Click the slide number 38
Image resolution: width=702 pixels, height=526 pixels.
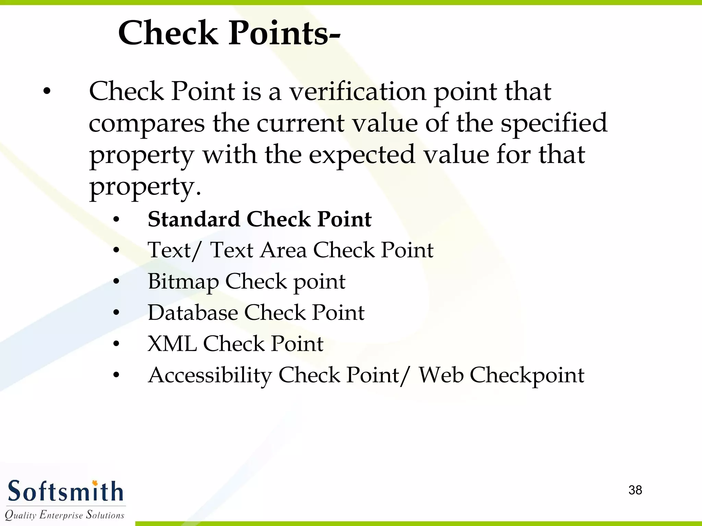pos(635,490)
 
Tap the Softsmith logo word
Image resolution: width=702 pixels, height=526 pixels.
pos(65,492)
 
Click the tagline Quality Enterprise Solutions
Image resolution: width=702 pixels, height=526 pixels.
pos(64,515)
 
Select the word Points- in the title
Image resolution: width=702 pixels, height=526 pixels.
pos(284,33)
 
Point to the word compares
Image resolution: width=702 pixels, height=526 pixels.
pos(147,124)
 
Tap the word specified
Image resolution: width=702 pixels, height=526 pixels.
pos(554,124)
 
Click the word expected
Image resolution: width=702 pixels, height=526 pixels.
pos(362,155)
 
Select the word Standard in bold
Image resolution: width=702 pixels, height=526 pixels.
pos(194,219)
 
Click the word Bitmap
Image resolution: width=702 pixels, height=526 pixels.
pos(183,282)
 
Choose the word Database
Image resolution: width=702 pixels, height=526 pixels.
pos(193,313)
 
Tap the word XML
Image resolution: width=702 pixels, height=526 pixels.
pos(172,344)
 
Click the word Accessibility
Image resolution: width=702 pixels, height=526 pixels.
pos(210,375)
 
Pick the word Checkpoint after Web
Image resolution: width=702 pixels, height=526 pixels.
pos(527,375)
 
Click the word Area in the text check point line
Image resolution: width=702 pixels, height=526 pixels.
pos(283,250)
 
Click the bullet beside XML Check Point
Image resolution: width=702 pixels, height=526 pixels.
pos(117,344)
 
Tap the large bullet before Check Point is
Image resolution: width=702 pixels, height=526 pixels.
pos(47,92)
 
